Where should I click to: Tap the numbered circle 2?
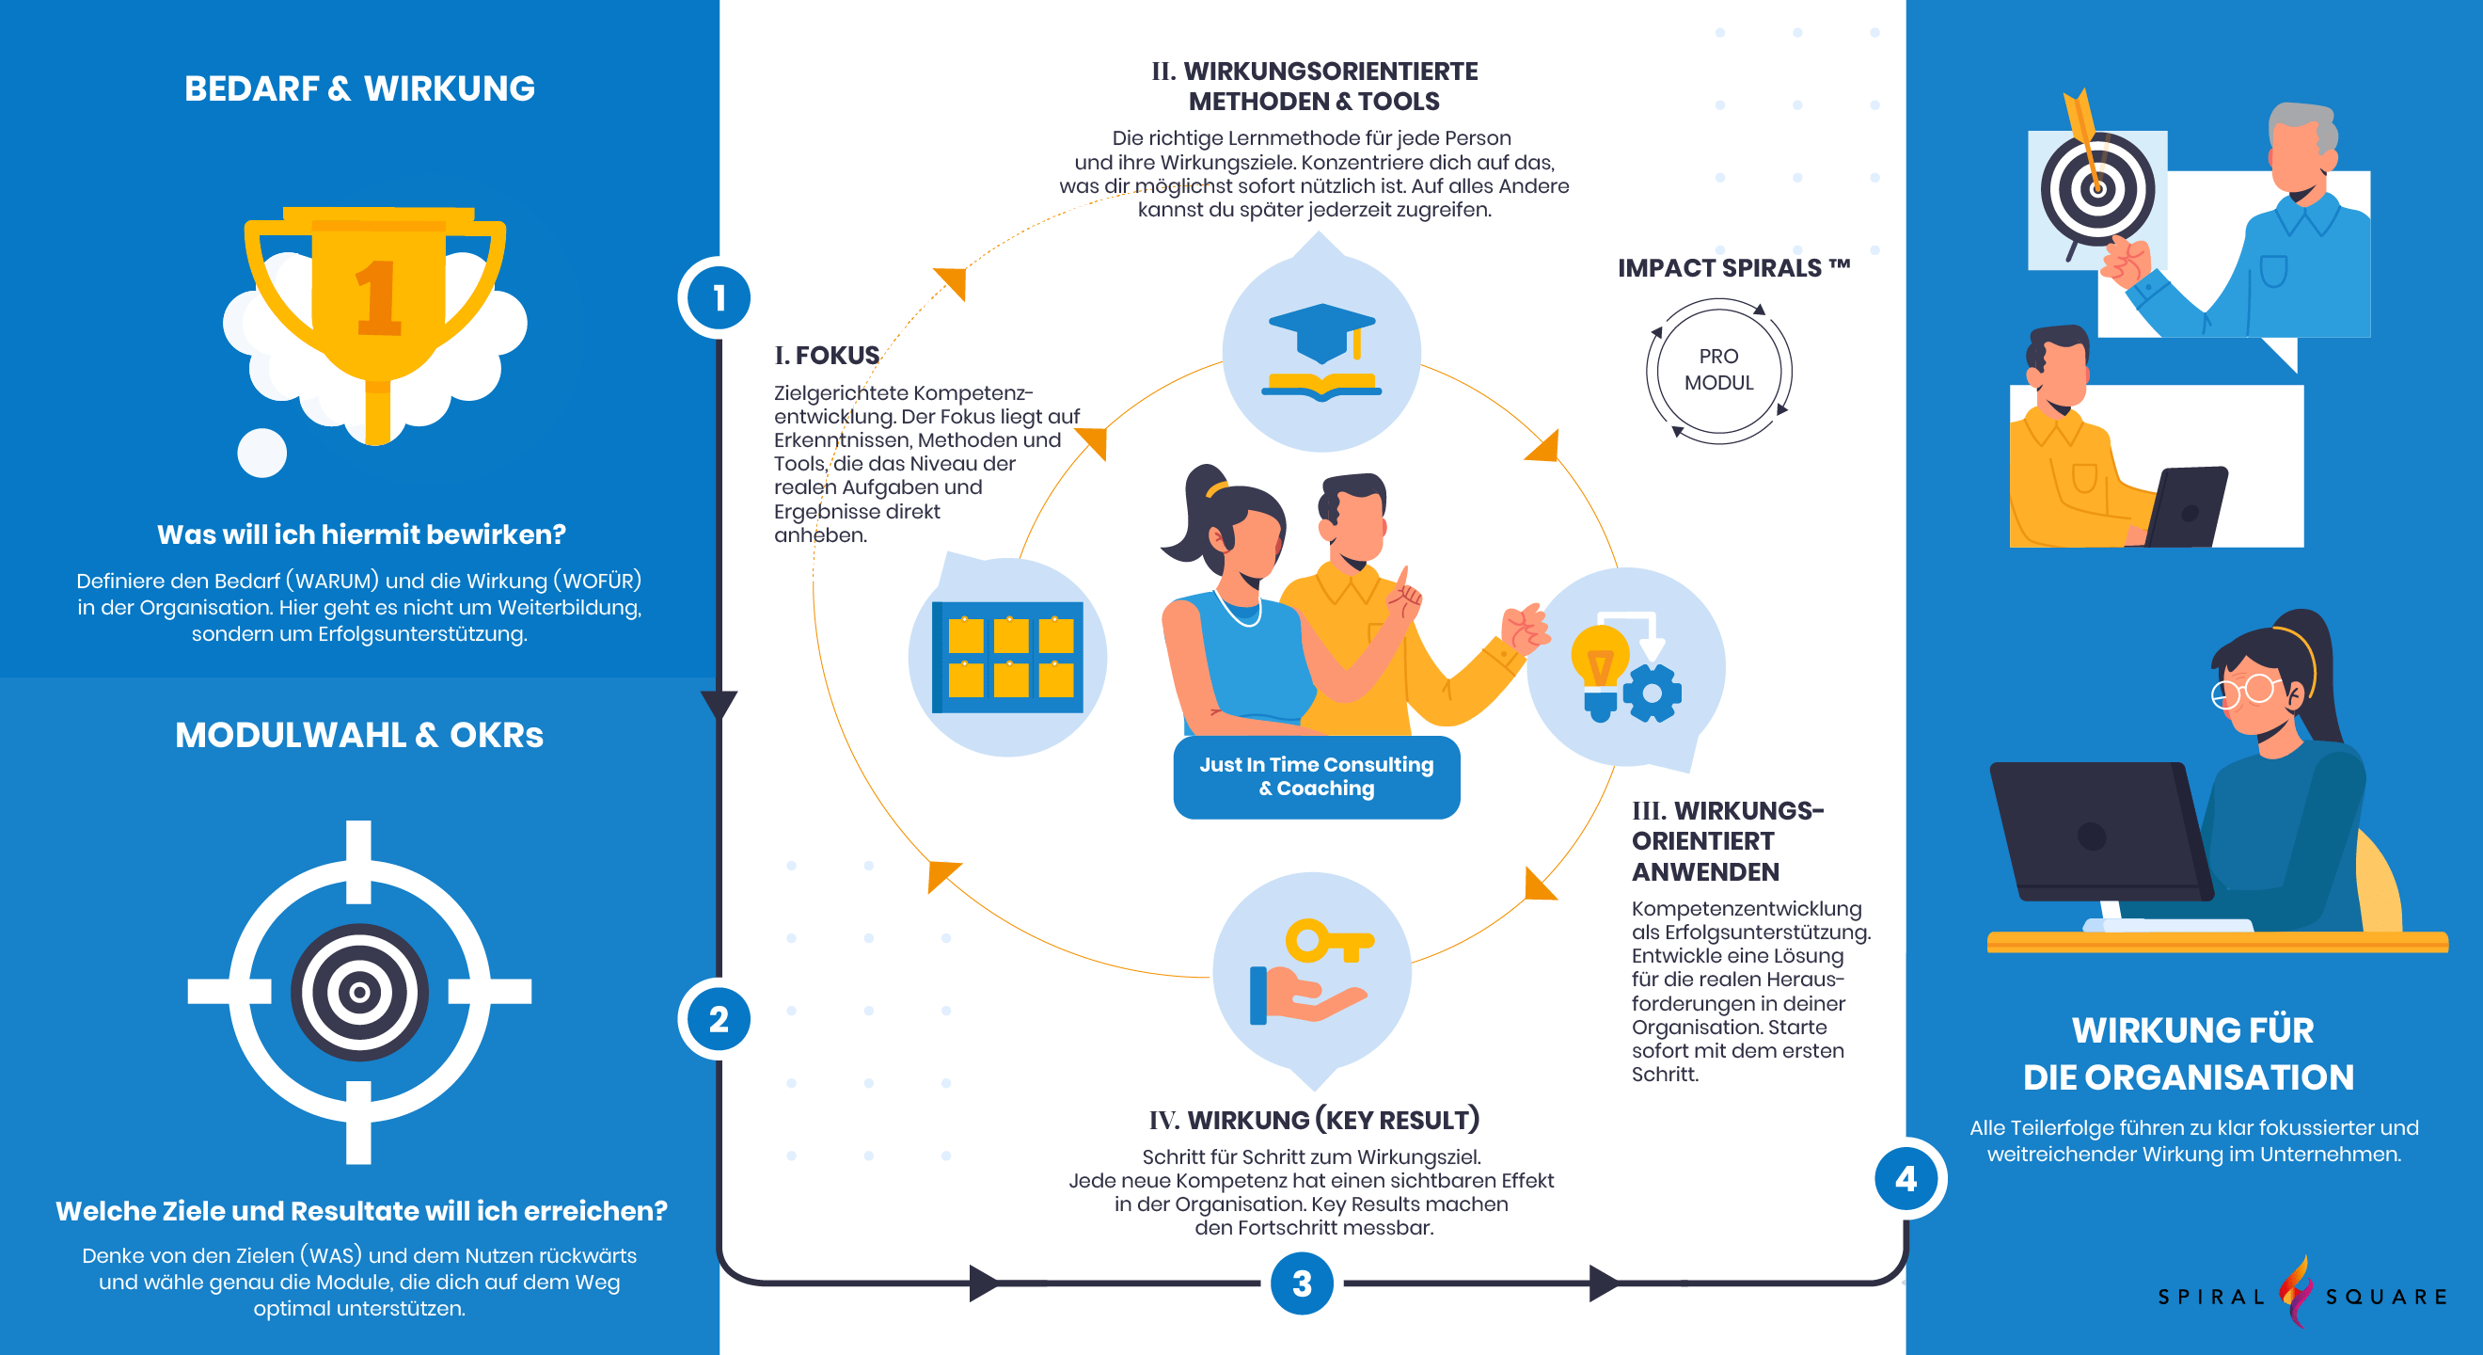click(719, 1019)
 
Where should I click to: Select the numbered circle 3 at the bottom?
click(1303, 1283)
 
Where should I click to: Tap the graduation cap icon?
click(1321, 334)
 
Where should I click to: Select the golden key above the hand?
click(1329, 940)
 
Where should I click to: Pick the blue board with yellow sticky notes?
click(1007, 657)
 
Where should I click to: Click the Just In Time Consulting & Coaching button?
click(1317, 776)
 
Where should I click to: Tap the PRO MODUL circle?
click(1718, 371)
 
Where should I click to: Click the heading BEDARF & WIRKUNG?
click(359, 88)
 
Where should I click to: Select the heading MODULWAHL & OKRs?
click(359, 735)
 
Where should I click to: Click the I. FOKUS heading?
click(827, 356)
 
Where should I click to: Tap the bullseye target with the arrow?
click(2097, 188)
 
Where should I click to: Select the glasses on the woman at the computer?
click(2247, 691)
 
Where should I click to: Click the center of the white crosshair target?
click(359, 992)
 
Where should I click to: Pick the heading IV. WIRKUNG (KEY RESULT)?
click(1314, 1120)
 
